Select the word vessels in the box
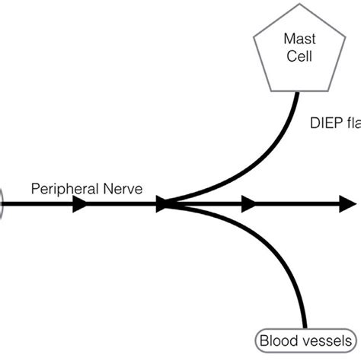click(x=323, y=342)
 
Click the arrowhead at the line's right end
click(x=348, y=204)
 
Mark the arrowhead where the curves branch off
click(x=165, y=204)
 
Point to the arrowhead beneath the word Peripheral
click(x=79, y=204)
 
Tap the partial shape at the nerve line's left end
click(x=2, y=204)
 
